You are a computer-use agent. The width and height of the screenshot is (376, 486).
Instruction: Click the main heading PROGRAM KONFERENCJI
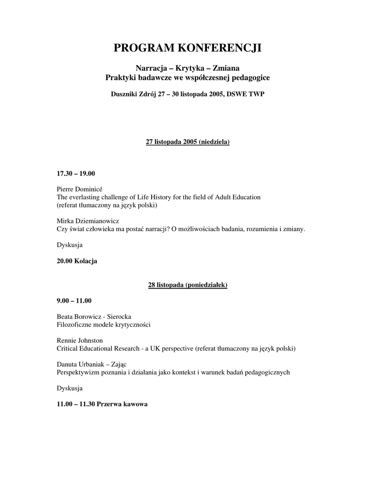188,48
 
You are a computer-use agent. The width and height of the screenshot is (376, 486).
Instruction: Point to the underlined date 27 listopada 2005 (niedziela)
188,142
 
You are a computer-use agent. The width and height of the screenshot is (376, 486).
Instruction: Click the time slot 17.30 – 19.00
76,174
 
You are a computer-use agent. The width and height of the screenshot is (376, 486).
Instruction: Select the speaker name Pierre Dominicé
79,189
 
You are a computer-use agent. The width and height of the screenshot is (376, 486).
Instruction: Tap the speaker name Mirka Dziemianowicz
87,221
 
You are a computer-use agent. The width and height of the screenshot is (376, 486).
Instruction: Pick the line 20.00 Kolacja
77,261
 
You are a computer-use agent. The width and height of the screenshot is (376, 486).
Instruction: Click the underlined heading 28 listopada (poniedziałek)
188,285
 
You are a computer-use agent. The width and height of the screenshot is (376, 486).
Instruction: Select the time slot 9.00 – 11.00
74,300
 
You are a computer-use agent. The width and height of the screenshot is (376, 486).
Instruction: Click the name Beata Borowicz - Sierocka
94,316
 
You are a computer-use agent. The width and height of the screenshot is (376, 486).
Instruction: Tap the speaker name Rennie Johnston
80,340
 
